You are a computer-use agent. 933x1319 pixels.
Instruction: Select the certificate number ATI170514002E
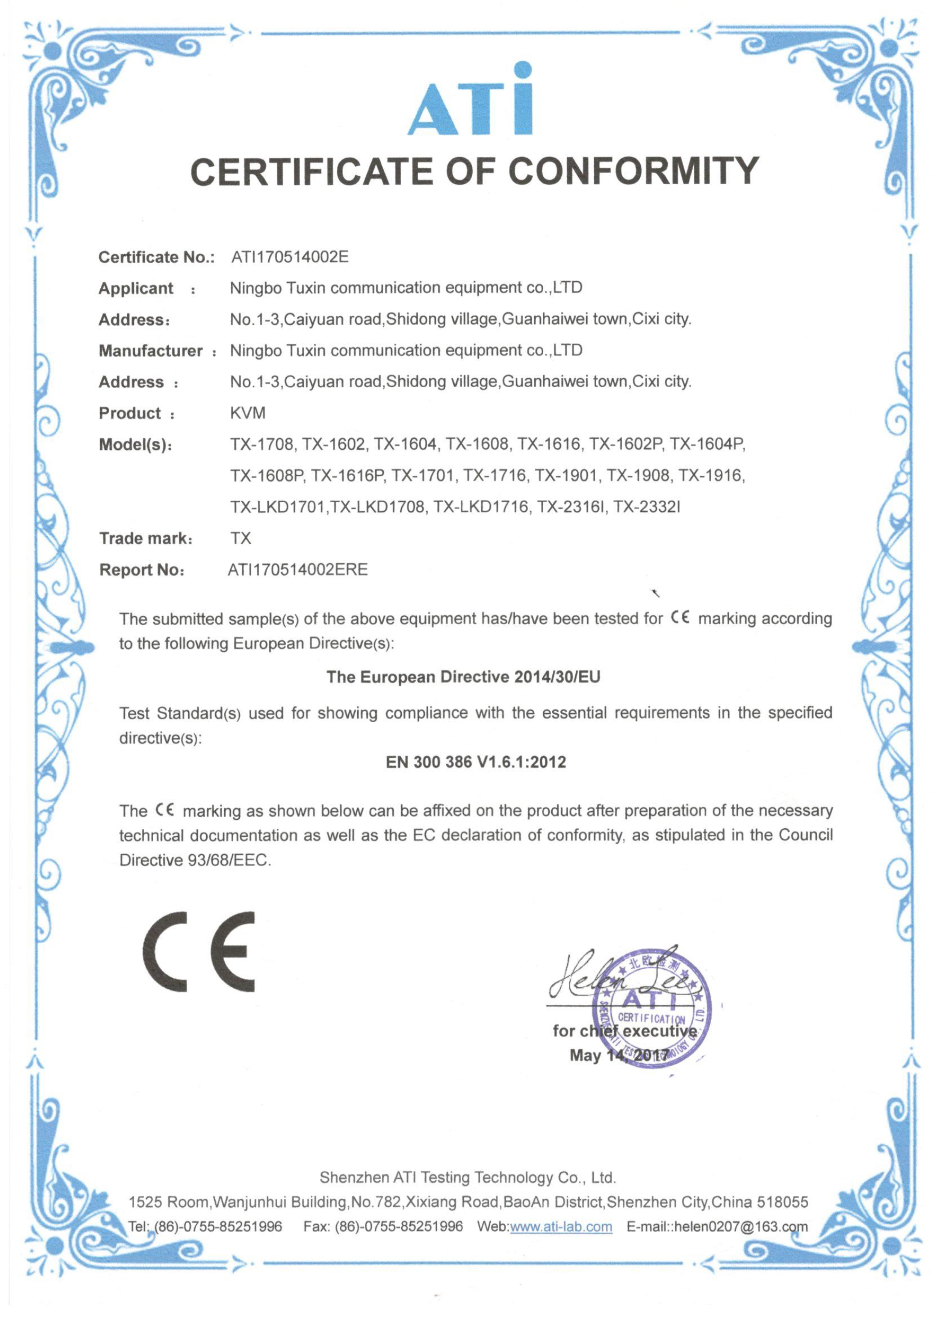pyautogui.click(x=290, y=256)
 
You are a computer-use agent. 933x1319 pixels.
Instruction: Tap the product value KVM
pyautogui.click(x=248, y=412)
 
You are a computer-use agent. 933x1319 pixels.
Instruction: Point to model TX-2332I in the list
pyautogui.click(x=646, y=507)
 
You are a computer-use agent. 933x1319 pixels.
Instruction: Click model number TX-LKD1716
pyautogui.click(x=480, y=507)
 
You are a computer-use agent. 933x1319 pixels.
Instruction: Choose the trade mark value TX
pyautogui.click(x=241, y=538)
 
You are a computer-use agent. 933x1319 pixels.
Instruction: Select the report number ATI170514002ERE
pyautogui.click(x=298, y=570)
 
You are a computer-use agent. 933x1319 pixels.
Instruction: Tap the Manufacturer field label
pyautogui.click(x=151, y=350)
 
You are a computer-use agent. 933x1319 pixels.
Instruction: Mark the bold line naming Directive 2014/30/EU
pyautogui.click(x=463, y=676)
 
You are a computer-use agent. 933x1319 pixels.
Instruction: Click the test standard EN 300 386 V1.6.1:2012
pyautogui.click(x=476, y=762)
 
